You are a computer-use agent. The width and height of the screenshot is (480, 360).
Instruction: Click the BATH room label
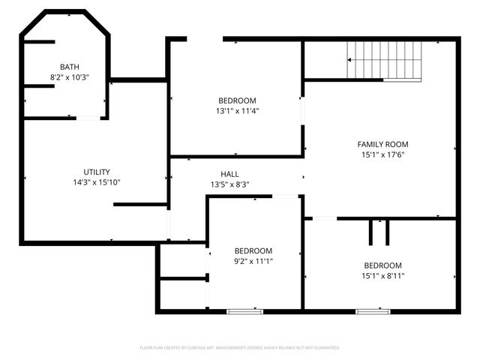click(69, 66)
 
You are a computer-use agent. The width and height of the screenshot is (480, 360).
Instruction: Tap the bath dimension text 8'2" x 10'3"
click(69, 76)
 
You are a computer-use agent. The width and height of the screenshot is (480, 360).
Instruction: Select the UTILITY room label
click(97, 172)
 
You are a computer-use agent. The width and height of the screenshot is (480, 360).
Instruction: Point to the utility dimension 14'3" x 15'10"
click(97, 182)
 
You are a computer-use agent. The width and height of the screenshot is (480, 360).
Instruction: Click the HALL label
click(229, 173)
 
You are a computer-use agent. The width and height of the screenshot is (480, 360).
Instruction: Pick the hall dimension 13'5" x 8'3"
click(229, 184)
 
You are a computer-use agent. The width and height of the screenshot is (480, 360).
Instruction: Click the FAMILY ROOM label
click(382, 144)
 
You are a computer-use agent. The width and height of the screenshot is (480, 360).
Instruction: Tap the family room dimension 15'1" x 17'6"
click(382, 154)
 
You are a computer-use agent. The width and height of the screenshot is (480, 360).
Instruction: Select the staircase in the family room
click(385, 59)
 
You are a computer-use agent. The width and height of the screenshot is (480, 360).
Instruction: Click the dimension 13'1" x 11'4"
click(237, 111)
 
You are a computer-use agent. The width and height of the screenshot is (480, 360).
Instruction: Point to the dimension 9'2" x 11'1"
click(253, 261)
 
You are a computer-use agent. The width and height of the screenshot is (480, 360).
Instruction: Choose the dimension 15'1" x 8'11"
click(382, 276)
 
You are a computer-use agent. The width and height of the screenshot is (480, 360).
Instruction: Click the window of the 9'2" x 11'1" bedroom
click(245, 310)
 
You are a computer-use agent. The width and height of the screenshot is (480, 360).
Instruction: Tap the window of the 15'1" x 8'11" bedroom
click(373, 310)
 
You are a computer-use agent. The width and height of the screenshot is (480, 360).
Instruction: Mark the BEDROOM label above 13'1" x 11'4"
click(237, 100)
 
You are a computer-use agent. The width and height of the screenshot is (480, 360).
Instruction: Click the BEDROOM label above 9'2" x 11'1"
click(253, 250)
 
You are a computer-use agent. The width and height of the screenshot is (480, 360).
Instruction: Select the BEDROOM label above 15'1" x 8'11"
click(382, 265)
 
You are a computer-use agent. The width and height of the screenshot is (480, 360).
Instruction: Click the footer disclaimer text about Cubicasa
click(240, 348)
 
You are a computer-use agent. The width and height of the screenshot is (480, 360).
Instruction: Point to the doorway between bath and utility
click(88, 118)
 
